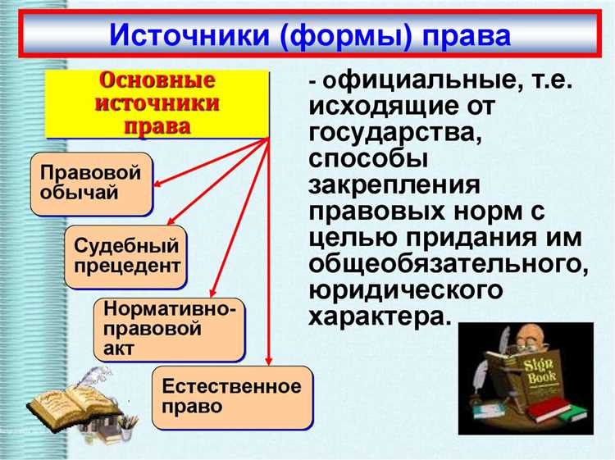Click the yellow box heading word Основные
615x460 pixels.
coord(157,81)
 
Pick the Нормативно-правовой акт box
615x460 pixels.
coord(169,329)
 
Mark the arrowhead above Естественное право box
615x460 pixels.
coord(268,362)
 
